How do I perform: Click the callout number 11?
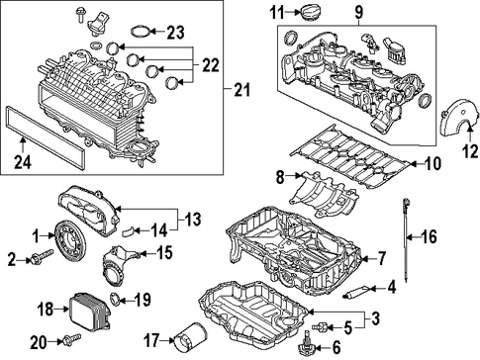277,13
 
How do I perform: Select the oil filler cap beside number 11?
308,12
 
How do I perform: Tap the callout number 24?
23,162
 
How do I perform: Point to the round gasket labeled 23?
140,32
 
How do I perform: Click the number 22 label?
211,65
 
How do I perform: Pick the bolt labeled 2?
42,257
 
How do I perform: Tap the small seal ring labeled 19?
115,299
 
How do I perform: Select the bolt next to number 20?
71,338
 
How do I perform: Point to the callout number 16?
429,236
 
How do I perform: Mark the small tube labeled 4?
357,291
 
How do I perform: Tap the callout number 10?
432,163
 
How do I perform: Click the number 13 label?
192,219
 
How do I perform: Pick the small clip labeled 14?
129,232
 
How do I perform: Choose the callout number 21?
242,90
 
